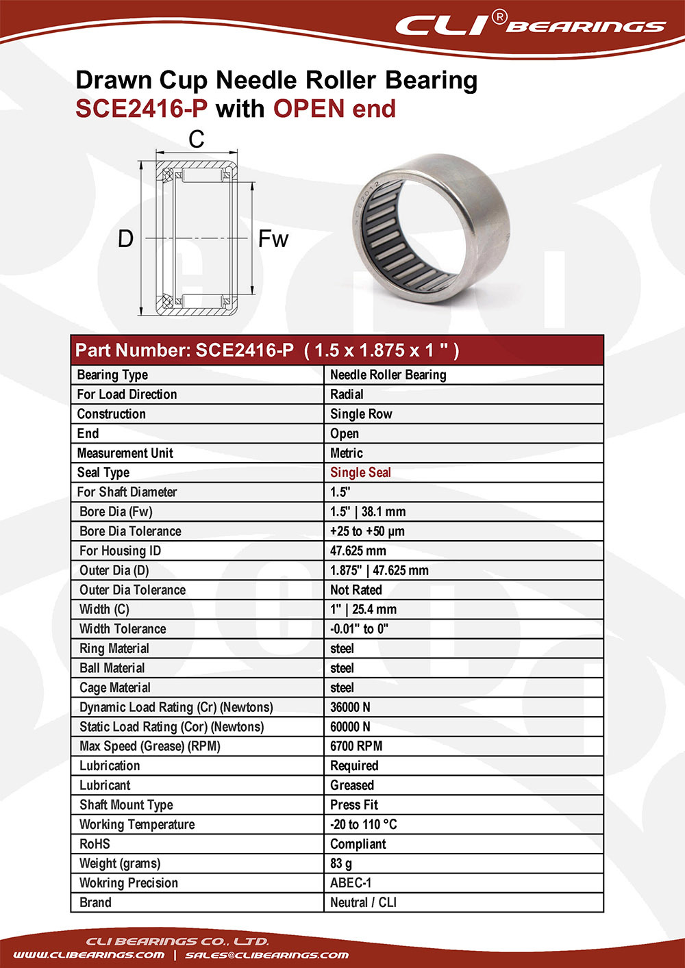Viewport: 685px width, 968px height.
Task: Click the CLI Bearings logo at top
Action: pyautogui.click(x=530, y=25)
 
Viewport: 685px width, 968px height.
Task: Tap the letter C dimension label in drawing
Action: pyautogui.click(x=197, y=140)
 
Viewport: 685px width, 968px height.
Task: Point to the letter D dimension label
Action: pyautogui.click(x=125, y=239)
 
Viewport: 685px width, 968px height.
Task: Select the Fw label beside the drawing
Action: pyautogui.click(x=273, y=239)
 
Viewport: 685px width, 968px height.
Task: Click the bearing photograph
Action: pyautogui.click(x=429, y=229)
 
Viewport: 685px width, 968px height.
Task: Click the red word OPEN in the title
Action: pyautogui.click(x=308, y=109)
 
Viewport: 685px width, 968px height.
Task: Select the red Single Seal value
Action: pyautogui.click(x=360, y=472)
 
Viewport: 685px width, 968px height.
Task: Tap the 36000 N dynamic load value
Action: pyautogui.click(x=350, y=707)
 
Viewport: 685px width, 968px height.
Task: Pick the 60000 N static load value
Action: pyautogui.click(x=350, y=726)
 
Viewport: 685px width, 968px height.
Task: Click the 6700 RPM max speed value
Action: pyautogui.click(x=356, y=746)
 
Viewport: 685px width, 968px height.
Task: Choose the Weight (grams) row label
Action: pyautogui.click(x=120, y=863)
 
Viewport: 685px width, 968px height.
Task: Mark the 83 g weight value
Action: pyautogui.click(x=341, y=863)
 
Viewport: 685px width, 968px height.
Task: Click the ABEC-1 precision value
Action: pyautogui.click(x=351, y=883)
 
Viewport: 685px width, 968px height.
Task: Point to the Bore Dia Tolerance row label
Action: pyautogui.click(x=130, y=531)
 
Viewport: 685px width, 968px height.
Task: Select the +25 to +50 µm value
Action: pyautogui.click(x=367, y=531)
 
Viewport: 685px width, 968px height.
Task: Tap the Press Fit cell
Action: pyautogui.click(x=354, y=805)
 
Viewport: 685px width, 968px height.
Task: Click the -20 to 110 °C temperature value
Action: pyautogui.click(x=364, y=824)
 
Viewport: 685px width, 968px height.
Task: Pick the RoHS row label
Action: pyautogui.click(x=95, y=844)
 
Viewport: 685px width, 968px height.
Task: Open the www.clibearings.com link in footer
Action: pyautogui.click(x=89, y=955)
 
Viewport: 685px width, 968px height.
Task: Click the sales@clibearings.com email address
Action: pyautogui.click(x=267, y=955)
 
